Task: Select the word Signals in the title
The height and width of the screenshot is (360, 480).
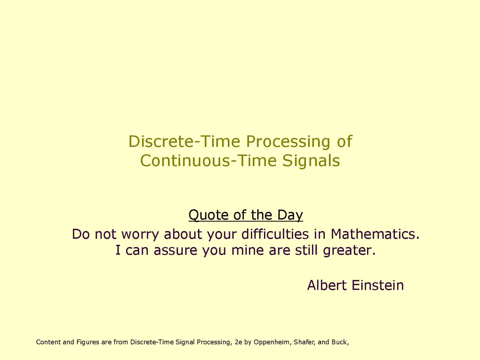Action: click(311, 161)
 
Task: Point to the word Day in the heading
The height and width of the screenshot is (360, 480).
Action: click(290, 215)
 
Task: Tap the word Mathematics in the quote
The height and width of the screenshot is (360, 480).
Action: click(375, 234)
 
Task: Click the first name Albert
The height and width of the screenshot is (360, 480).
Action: click(327, 285)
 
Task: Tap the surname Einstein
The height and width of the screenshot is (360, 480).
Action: click(378, 285)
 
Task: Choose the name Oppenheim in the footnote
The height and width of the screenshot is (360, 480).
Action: click(271, 342)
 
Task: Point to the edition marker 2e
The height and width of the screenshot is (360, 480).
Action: click(238, 342)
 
